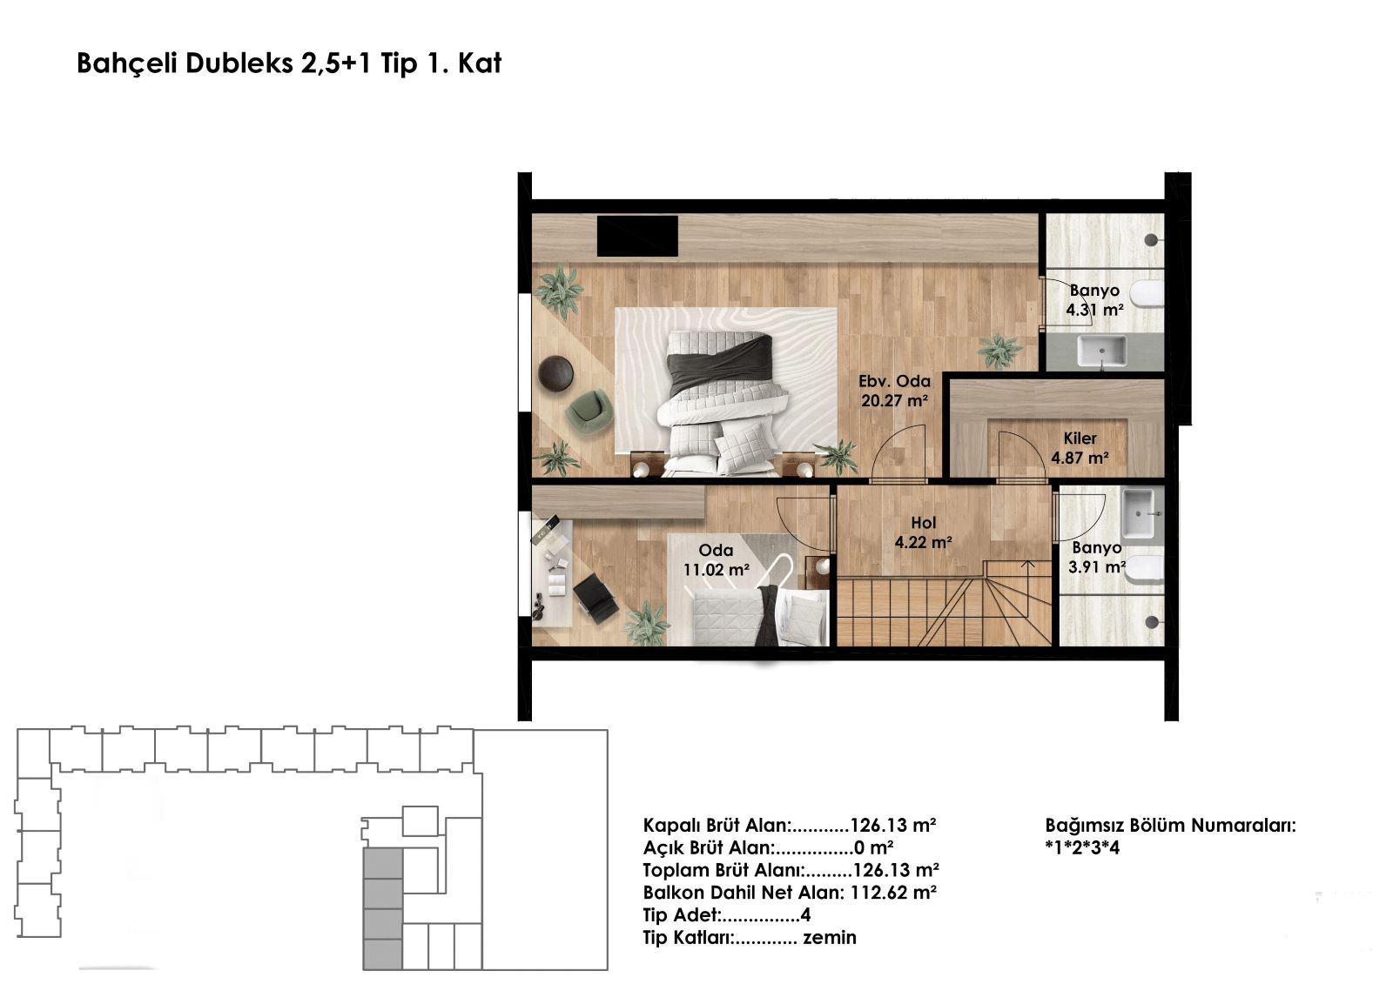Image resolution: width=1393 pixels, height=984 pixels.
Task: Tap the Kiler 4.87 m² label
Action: pos(1080,448)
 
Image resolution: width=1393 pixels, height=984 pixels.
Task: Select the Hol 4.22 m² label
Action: pos(923,532)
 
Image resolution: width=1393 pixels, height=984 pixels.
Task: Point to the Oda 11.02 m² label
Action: pos(716,560)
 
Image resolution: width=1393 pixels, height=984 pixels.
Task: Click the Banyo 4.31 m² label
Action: pos(1094,300)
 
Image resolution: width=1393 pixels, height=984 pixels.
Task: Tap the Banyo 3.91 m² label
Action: pos(1097,558)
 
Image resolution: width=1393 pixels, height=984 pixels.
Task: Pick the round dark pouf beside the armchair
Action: pos(555,373)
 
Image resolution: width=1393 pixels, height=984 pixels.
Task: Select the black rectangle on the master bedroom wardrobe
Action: pos(637,236)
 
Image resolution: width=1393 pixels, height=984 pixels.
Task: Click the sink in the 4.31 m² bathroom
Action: pos(1101,351)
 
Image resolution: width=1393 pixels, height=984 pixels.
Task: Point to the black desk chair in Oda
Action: pos(596,598)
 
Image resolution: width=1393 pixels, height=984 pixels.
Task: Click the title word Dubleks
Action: pos(239,64)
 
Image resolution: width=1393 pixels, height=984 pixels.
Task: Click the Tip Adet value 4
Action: pos(806,915)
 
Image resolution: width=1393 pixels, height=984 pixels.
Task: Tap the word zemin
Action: pos(830,937)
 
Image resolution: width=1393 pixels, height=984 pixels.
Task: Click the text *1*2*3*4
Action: pos(1083,848)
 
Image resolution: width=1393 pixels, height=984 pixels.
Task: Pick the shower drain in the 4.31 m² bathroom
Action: pos(1151,240)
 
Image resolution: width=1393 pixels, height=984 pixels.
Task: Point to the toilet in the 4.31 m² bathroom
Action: pos(1147,294)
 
